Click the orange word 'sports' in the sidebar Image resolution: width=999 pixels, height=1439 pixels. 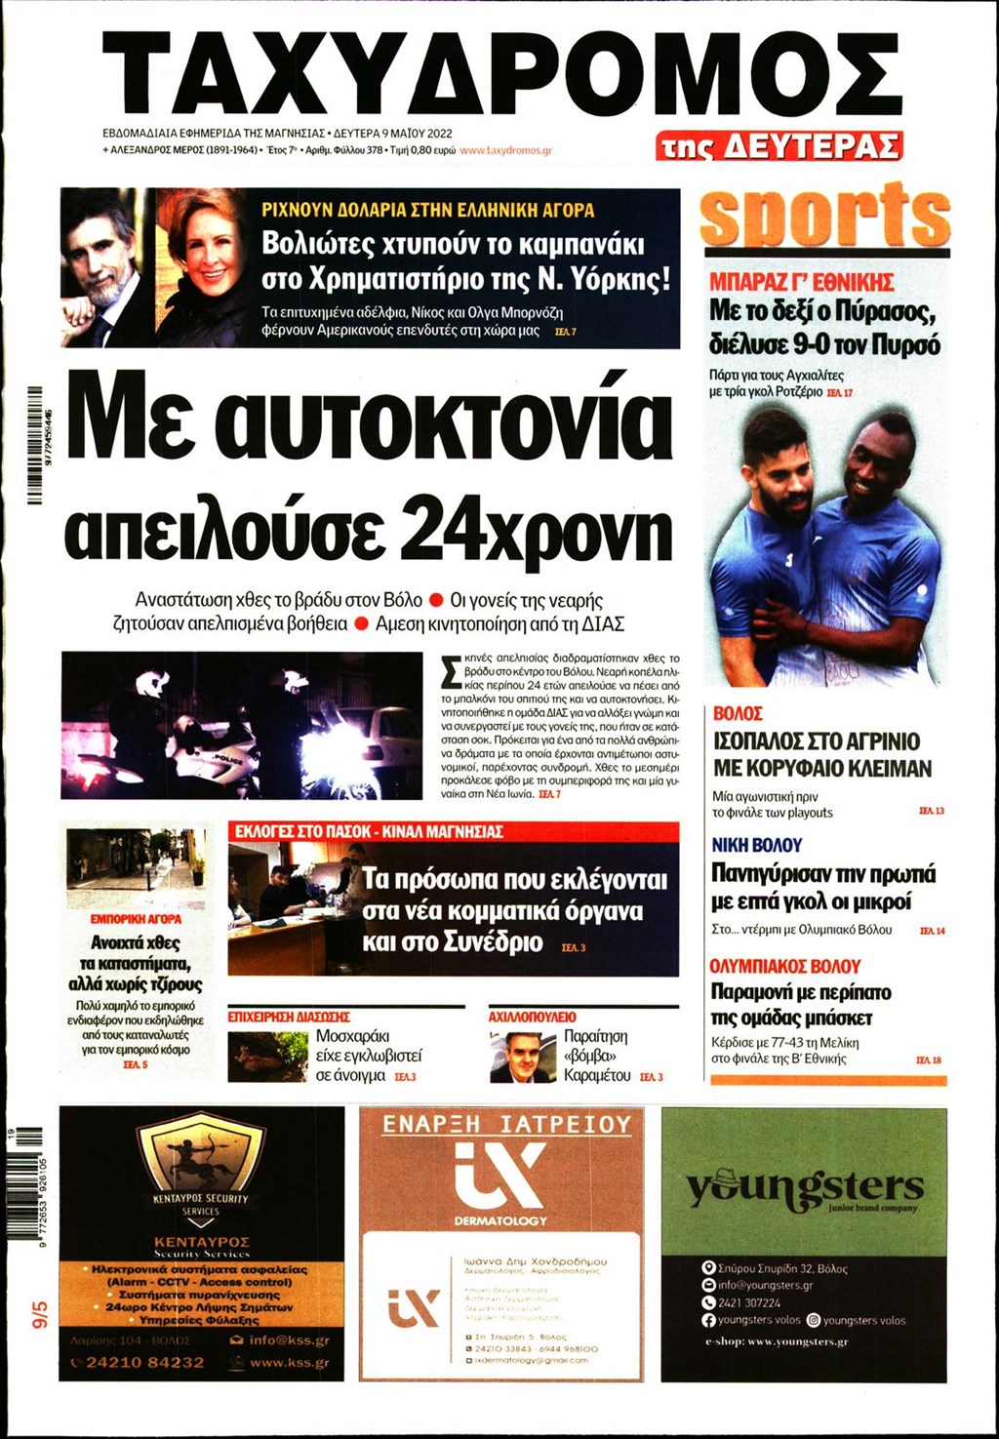coord(824,217)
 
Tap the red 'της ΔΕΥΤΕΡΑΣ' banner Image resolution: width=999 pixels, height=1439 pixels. coord(779,145)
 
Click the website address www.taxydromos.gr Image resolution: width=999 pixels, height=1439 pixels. coord(505,151)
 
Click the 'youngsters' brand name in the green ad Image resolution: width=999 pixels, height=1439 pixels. coord(804,1187)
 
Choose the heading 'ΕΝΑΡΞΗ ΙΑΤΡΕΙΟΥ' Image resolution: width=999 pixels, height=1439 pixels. coord(506,1125)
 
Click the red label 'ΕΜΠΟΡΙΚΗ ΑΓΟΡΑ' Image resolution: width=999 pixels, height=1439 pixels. coord(136,919)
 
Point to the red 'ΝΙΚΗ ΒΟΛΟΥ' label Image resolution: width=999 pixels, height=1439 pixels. coord(756,845)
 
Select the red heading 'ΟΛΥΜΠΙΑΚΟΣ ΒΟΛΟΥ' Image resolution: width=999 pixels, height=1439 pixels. coord(784,966)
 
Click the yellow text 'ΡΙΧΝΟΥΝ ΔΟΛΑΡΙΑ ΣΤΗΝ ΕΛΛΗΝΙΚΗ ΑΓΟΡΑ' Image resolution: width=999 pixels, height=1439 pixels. coord(427,210)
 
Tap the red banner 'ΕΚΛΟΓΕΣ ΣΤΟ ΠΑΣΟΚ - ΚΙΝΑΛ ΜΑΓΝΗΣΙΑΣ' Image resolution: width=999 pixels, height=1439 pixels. coord(369,831)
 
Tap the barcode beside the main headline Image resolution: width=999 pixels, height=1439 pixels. coord(35,446)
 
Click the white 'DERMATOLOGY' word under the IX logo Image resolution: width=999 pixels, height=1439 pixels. coord(500,1220)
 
